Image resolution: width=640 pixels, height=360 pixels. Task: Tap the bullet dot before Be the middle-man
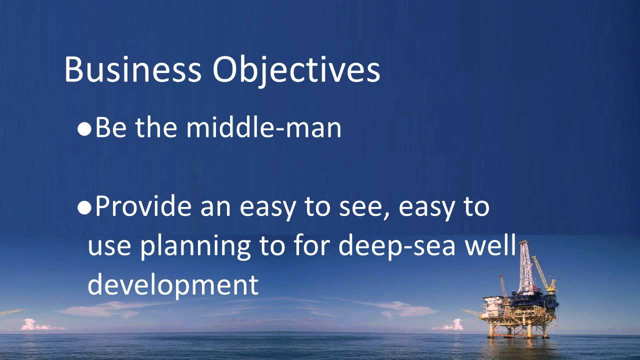pos(84,129)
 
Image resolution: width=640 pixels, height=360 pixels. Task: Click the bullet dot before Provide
pos(84,207)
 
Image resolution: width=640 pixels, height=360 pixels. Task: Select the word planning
pos(195,246)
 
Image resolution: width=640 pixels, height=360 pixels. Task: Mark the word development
pos(173,284)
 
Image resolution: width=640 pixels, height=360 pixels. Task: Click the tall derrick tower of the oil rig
pos(524,267)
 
